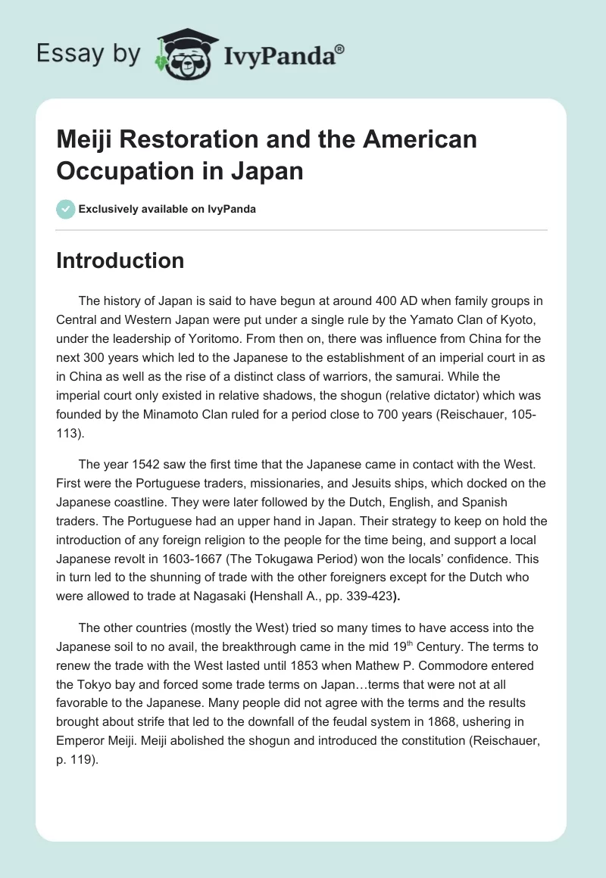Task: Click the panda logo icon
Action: pyautogui.click(x=185, y=54)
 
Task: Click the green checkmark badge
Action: pyautogui.click(x=66, y=209)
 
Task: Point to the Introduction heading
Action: pyautogui.click(x=120, y=260)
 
